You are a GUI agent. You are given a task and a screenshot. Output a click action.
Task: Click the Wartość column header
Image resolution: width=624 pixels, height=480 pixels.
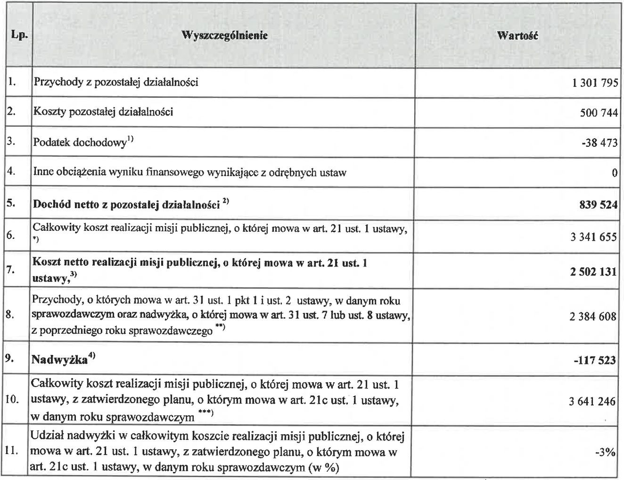(517, 36)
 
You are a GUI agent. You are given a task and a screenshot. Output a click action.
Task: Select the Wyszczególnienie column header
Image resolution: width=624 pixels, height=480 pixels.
(224, 35)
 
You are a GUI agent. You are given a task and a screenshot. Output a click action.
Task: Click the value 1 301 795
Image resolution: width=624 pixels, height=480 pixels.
(595, 83)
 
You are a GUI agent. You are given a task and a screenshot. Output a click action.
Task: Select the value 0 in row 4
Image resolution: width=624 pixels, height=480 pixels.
(615, 173)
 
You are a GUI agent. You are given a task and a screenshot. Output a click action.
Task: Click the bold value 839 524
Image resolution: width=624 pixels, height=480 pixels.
(596, 205)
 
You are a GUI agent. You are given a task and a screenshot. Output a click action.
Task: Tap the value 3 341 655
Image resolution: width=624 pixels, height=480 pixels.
(593, 237)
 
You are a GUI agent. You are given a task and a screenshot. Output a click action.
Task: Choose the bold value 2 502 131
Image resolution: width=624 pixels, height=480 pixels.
(592, 272)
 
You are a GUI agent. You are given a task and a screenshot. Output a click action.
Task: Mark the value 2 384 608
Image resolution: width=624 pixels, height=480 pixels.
(592, 316)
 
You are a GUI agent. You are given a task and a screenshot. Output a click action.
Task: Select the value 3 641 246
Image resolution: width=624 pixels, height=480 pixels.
(592, 402)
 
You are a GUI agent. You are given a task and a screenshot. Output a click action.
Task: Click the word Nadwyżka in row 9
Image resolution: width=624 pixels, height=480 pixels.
(59, 360)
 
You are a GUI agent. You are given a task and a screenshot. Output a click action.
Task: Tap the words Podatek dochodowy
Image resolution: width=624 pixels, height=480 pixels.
(79, 142)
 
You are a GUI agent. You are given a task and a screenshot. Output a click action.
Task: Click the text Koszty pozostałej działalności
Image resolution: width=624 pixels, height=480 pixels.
(103, 112)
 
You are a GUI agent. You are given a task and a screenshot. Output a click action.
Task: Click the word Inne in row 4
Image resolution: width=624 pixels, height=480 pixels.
(42, 172)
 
